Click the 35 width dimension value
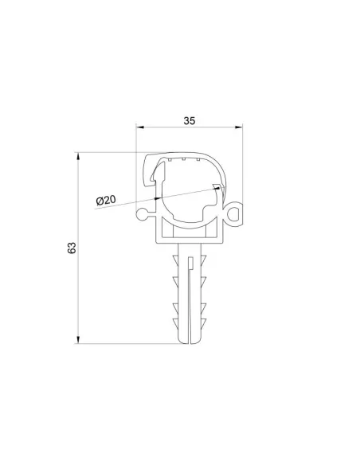click(190, 121)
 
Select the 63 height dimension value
click(72, 248)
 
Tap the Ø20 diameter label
click(107, 201)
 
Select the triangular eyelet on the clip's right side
click(234, 213)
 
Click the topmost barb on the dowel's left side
click(175, 264)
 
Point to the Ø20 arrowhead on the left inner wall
click(158, 195)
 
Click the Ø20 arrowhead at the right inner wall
click(216, 187)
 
